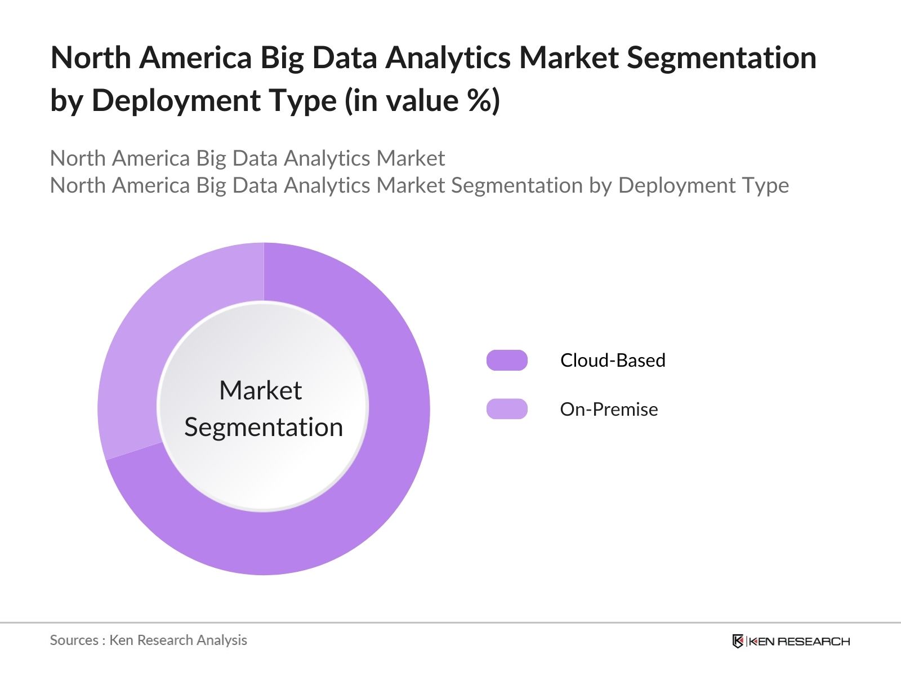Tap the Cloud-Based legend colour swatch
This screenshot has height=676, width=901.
point(507,360)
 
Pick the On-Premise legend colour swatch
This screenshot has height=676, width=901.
point(507,409)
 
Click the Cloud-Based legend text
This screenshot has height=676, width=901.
point(613,360)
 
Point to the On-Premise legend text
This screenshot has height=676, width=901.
point(609,409)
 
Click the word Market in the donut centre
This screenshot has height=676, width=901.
point(260,390)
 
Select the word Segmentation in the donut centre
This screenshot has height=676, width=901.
point(264,427)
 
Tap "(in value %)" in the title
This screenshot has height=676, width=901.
point(422,101)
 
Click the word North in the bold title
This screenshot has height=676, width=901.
point(90,58)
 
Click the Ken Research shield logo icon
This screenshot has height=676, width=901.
point(738,641)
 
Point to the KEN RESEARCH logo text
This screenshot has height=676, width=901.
point(799,641)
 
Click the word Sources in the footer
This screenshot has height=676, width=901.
point(74,640)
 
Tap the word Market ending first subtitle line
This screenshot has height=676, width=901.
point(411,158)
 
